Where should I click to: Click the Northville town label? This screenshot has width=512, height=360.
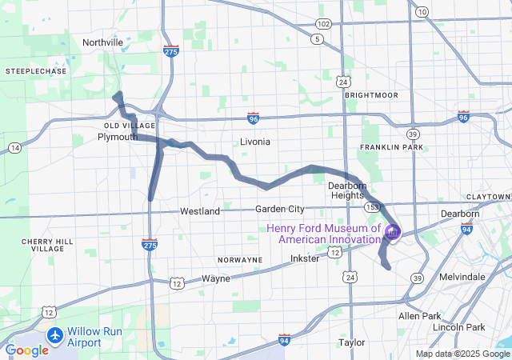pos(102,42)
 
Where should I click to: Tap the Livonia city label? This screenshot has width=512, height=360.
pos(255,142)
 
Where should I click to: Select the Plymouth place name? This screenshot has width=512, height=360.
pos(118,137)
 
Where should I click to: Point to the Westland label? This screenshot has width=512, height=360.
pos(200,211)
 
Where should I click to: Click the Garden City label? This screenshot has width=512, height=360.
pos(280,209)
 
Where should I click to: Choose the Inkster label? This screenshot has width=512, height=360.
pos(305,258)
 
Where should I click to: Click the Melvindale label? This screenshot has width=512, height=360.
pos(462,276)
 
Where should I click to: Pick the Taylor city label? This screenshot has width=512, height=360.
pos(351,342)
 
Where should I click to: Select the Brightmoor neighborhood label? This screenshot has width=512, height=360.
pos(371,94)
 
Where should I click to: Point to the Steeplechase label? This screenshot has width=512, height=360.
pos(36,71)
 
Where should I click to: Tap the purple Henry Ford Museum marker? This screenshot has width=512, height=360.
pos(393,233)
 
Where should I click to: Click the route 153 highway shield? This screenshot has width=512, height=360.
pos(372,206)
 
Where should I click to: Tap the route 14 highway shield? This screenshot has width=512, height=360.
pos(15,148)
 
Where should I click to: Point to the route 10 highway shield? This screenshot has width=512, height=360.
pos(422,11)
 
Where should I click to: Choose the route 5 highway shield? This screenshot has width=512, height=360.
pos(318,38)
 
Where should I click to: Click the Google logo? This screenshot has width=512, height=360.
pos(26,350)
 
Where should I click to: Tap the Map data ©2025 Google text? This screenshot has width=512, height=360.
pos(462,354)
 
